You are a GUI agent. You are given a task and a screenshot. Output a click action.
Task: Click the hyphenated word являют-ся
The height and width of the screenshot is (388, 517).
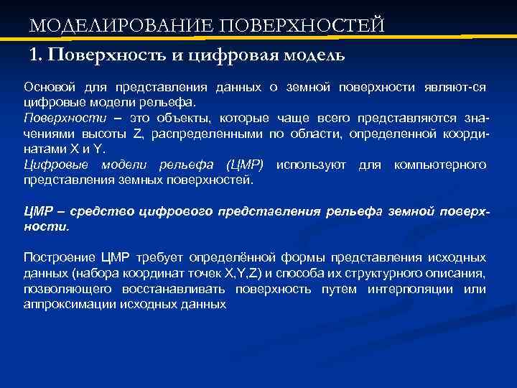[x=453, y=87]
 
